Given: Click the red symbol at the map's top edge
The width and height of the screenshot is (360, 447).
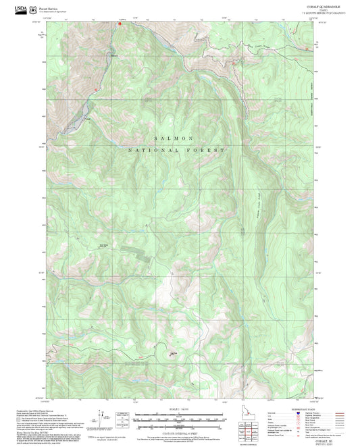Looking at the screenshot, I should coord(121,27).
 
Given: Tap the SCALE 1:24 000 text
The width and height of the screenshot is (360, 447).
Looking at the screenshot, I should coord(179,410).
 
